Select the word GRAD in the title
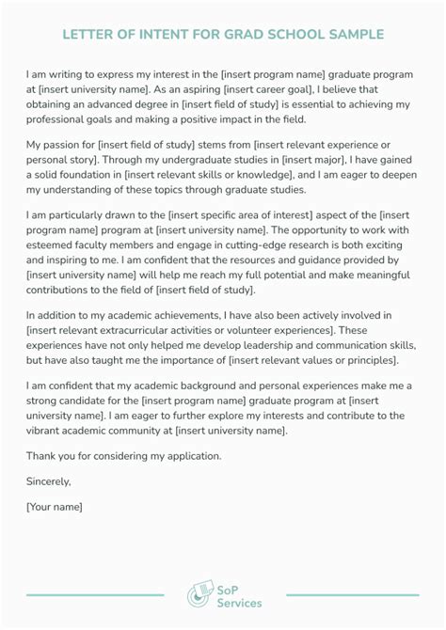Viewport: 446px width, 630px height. pyautogui.click(x=233, y=35)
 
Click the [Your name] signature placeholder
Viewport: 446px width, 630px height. pyautogui.click(x=55, y=507)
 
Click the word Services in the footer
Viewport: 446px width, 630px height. pyautogui.click(x=239, y=603)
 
